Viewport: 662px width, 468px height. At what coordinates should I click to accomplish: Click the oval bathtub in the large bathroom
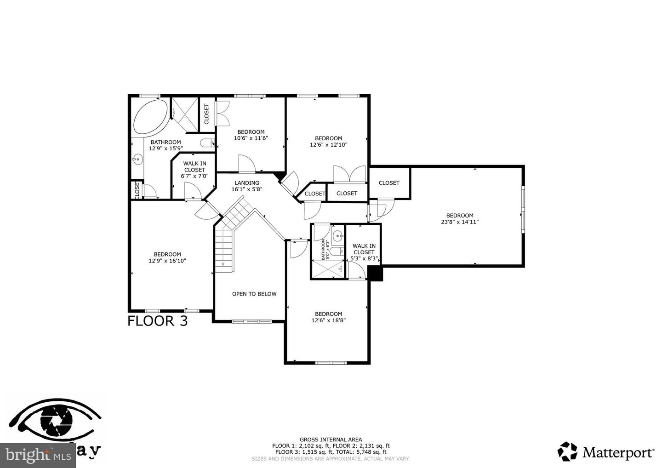coord(150,117)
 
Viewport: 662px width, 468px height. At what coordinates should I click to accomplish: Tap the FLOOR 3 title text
coord(157,321)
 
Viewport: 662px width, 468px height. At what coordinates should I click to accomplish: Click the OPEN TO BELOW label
coord(254,294)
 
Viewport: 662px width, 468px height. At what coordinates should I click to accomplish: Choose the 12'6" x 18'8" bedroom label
coord(328,317)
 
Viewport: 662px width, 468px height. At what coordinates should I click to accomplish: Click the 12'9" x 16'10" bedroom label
coord(167,257)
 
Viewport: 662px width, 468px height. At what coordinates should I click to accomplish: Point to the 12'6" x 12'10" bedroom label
coord(328,142)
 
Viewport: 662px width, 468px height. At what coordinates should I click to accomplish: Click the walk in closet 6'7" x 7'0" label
coord(194,170)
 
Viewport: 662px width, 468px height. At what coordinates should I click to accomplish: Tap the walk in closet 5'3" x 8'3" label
coord(364,252)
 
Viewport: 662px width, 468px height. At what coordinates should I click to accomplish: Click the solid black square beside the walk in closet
coord(376,274)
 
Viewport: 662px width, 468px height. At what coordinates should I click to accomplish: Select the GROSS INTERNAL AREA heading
coord(331,439)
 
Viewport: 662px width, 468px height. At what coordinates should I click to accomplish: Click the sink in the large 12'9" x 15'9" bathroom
coord(137,160)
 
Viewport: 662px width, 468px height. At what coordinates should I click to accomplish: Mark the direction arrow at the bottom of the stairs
coord(223,264)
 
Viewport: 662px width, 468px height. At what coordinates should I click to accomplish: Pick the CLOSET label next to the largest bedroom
coord(389,183)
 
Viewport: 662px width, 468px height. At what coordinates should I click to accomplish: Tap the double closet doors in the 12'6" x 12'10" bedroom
coord(349,174)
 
